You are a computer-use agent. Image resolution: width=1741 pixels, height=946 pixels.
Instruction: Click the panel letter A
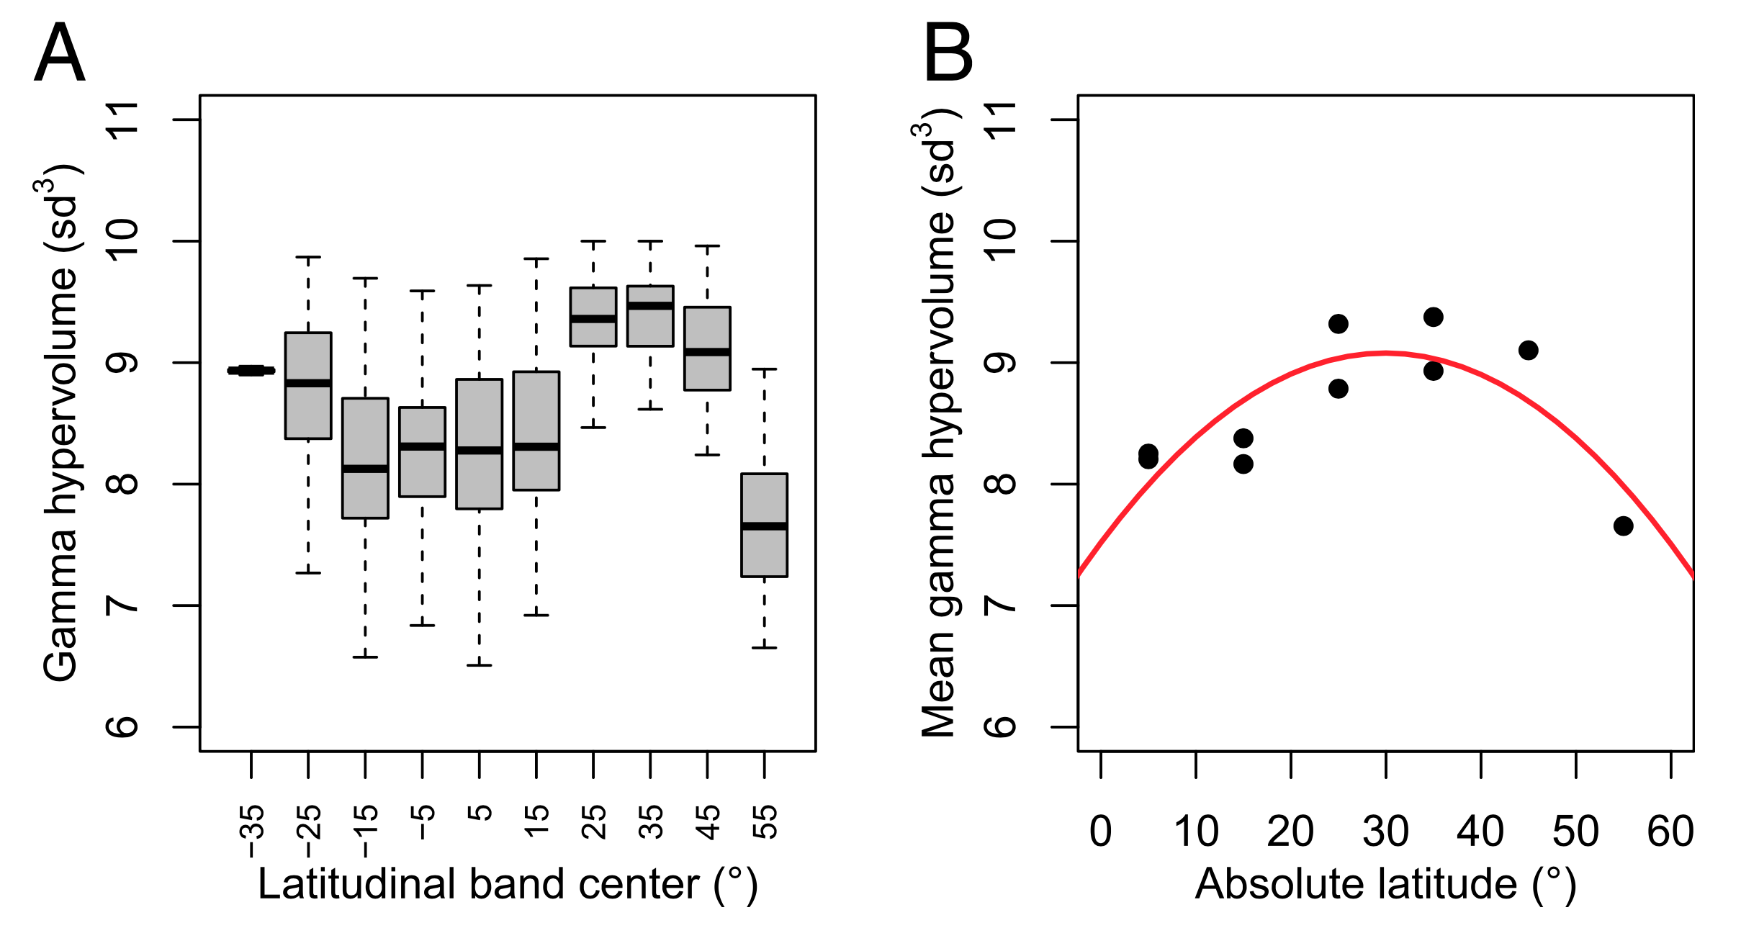[x=60, y=53]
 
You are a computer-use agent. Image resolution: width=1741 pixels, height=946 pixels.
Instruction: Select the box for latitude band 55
[x=764, y=525]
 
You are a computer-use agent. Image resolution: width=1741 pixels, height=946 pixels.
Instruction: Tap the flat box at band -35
[x=251, y=371]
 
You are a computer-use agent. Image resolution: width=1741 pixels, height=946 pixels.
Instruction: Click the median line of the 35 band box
[x=650, y=306]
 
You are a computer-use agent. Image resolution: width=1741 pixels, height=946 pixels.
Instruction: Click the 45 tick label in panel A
[x=708, y=823]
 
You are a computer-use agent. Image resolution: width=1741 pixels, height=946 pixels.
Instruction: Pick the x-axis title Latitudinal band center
[x=508, y=884]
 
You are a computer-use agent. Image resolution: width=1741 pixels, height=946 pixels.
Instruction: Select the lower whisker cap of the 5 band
[x=480, y=665]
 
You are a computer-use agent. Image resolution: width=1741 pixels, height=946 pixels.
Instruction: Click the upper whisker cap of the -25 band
[x=308, y=256]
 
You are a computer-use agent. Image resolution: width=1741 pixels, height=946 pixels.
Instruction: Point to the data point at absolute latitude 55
[x=1623, y=526]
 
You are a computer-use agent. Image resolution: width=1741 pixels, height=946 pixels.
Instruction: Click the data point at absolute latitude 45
[x=1529, y=351]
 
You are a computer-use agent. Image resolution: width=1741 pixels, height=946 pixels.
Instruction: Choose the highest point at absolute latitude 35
[x=1434, y=317]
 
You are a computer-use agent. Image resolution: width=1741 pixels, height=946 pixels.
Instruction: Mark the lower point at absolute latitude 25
[x=1339, y=389]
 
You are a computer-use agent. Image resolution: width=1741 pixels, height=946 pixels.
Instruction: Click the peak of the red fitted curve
[x=1386, y=353]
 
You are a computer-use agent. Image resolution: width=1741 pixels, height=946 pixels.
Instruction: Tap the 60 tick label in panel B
[x=1670, y=832]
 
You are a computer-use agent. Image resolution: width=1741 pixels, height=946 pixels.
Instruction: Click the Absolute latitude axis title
[x=1385, y=884]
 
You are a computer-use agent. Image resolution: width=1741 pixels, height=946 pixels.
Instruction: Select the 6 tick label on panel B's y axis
[x=1001, y=726]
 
